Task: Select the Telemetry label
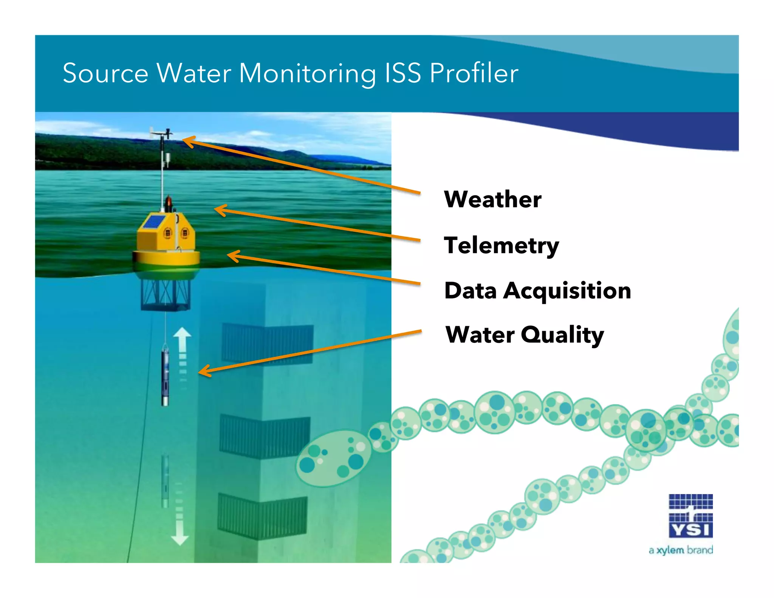(x=501, y=246)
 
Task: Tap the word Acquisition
(x=567, y=291)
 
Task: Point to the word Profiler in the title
(x=474, y=73)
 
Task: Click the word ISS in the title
(x=402, y=73)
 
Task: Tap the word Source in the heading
(x=105, y=73)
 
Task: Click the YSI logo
(x=690, y=516)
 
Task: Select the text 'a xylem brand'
(x=681, y=550)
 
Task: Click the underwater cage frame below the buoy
(x=165, y=295)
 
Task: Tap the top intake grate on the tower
(x=267, y=344)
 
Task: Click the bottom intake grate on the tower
(x=262, y=516)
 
